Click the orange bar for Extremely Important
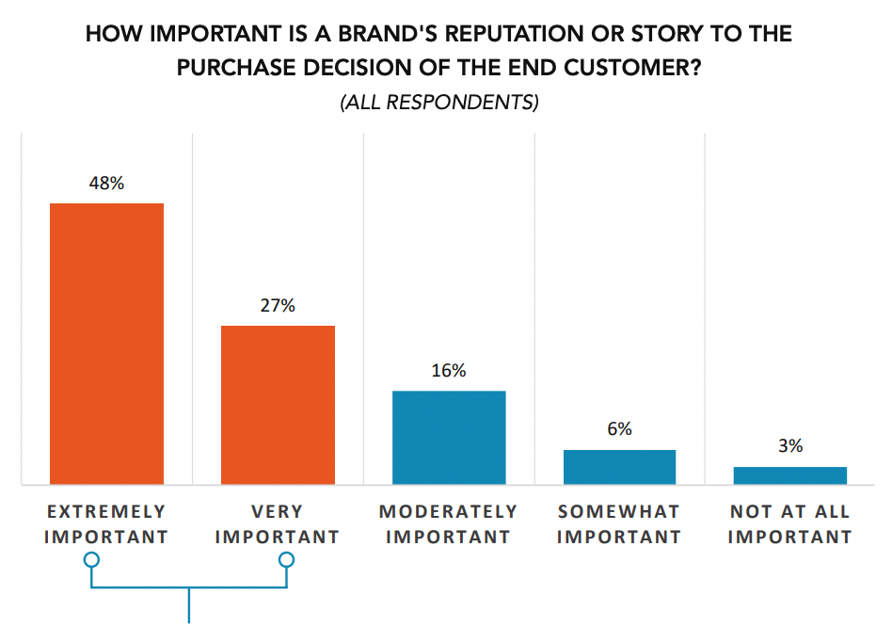[x=106, y=344]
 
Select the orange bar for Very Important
[x=278, y=405]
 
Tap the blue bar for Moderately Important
[x=449, y=438]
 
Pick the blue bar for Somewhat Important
[x=619, y=467]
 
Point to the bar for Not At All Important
[x=790, y=475]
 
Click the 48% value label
[x=106, y=183]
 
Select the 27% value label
[x=278, y=305]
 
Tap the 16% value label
[x=449, y=370]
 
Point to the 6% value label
[x=619, y=429]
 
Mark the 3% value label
[x=790, y=446]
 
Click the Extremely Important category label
[x=106, y=524]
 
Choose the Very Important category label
[x=278, y=524]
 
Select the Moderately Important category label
[x=449, y=524]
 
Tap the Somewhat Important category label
[x=619, y=524]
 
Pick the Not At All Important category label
[x=790, y=524]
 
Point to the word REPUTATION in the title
[x=481, y=35]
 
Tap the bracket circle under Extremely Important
[x=91, y=561]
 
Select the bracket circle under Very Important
[x=286, y=561]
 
